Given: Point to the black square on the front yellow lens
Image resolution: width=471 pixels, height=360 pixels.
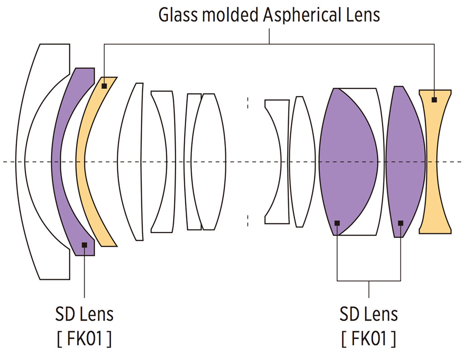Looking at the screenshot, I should click(x=104, y=86).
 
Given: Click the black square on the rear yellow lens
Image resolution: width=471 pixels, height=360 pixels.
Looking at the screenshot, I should click(x=434, y=100).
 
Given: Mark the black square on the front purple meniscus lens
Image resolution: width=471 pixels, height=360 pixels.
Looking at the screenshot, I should click(x=84, y=245).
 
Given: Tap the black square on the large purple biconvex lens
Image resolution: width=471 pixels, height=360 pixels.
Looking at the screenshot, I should click(x=337, y=223).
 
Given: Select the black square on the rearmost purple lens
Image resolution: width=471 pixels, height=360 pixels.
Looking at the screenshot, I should click(x=400, y=223).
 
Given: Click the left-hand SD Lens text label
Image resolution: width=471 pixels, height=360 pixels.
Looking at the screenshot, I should click(x=84, y=313).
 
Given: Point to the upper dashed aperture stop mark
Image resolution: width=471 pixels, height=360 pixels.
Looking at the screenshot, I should click(x=248, y=103).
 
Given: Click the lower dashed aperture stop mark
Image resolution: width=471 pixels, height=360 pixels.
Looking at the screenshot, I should click(x=248, y=221).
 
